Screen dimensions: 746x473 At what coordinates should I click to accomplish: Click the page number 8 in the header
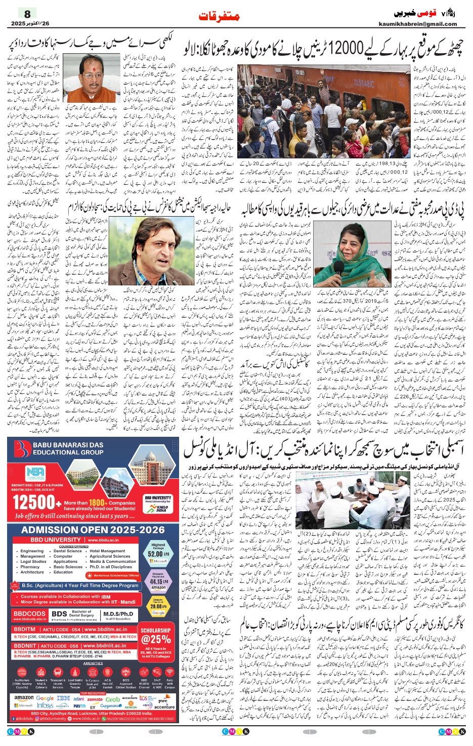tap(27, 14)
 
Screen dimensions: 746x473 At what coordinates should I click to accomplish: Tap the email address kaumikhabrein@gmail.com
tap(417, 24)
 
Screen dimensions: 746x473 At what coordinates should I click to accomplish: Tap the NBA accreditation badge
tap(35, 474)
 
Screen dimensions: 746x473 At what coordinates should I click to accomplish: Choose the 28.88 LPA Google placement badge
tap(158, 606)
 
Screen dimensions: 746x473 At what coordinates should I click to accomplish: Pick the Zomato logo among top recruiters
tap(95, 699)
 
